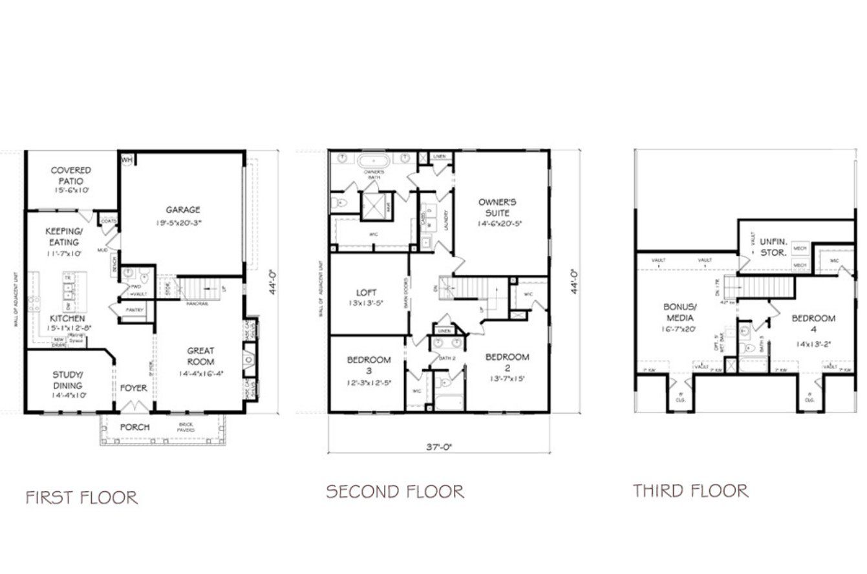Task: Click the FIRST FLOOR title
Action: pos(81,497)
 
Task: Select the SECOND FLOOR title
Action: pos(394,492)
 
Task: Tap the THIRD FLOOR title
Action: pos(690,491)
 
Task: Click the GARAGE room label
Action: pos(182,209)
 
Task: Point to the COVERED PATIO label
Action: pos(71,176)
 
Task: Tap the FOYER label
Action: pos(134,388)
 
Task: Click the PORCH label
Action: pos(134,427)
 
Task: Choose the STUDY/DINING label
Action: pos(67,380)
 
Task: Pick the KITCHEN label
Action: pos(67,319)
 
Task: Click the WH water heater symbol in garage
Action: pos(127,159)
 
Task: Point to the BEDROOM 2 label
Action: pos(507,363)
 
